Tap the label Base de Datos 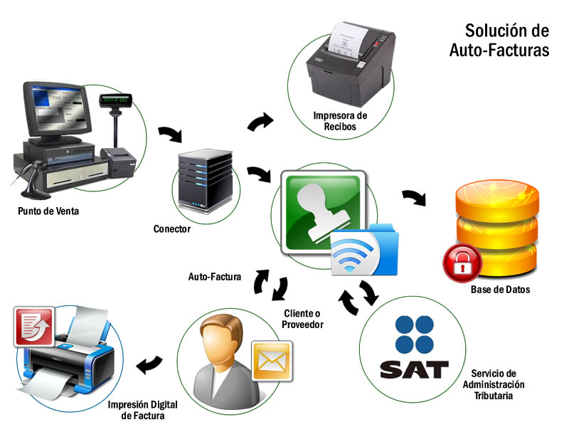500,290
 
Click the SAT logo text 414,369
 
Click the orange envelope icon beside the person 272,359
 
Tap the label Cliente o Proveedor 303,319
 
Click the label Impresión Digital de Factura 142,410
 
